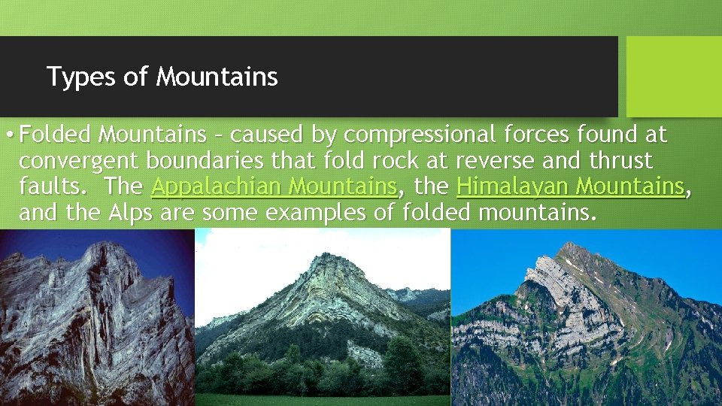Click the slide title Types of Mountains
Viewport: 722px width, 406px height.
162,77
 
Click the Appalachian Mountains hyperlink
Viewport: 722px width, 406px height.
275,186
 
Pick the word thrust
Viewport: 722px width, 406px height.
621,160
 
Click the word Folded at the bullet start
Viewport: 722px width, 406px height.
56,135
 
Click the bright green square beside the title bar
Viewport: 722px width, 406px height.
673,76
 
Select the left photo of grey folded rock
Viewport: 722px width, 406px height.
97,317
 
